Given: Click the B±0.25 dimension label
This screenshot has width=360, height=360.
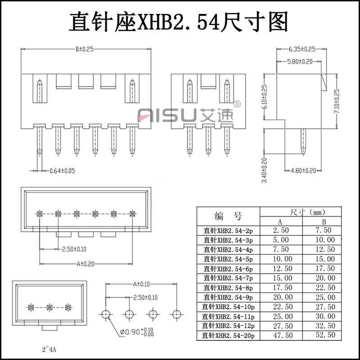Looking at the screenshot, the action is click(x=84, y=49).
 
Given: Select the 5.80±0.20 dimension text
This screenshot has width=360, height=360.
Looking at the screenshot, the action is click(x=300, y=61).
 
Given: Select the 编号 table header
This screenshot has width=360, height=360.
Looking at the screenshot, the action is click(x=229, y=215).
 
